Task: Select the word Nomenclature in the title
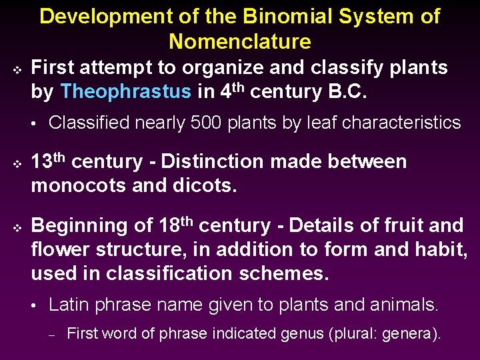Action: (240, 42)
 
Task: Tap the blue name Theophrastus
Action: (125, 92)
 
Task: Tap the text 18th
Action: (176, 225)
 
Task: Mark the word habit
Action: (440, 250)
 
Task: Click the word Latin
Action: (69, 305)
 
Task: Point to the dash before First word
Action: (52, 335)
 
